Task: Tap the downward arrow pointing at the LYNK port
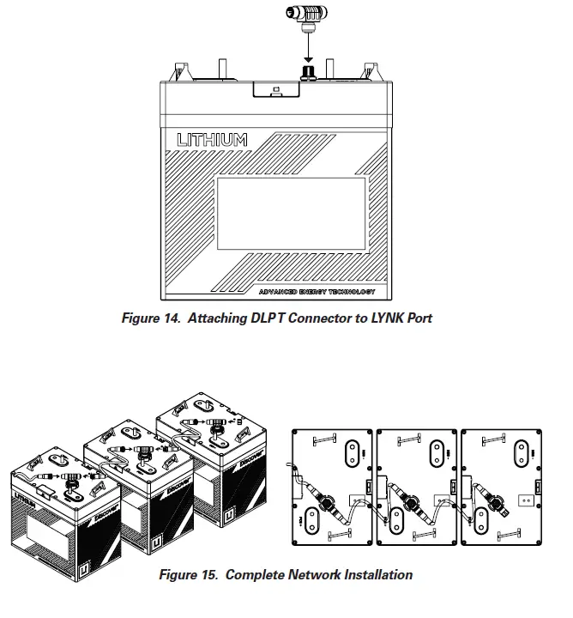pos(308,50)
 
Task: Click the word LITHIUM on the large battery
pos(212,139)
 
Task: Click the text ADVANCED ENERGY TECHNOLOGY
pos(317,293)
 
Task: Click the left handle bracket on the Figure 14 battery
pos(182,69)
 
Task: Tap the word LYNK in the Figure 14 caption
pos(385,318)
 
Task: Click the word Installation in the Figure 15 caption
pos(371,574)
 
